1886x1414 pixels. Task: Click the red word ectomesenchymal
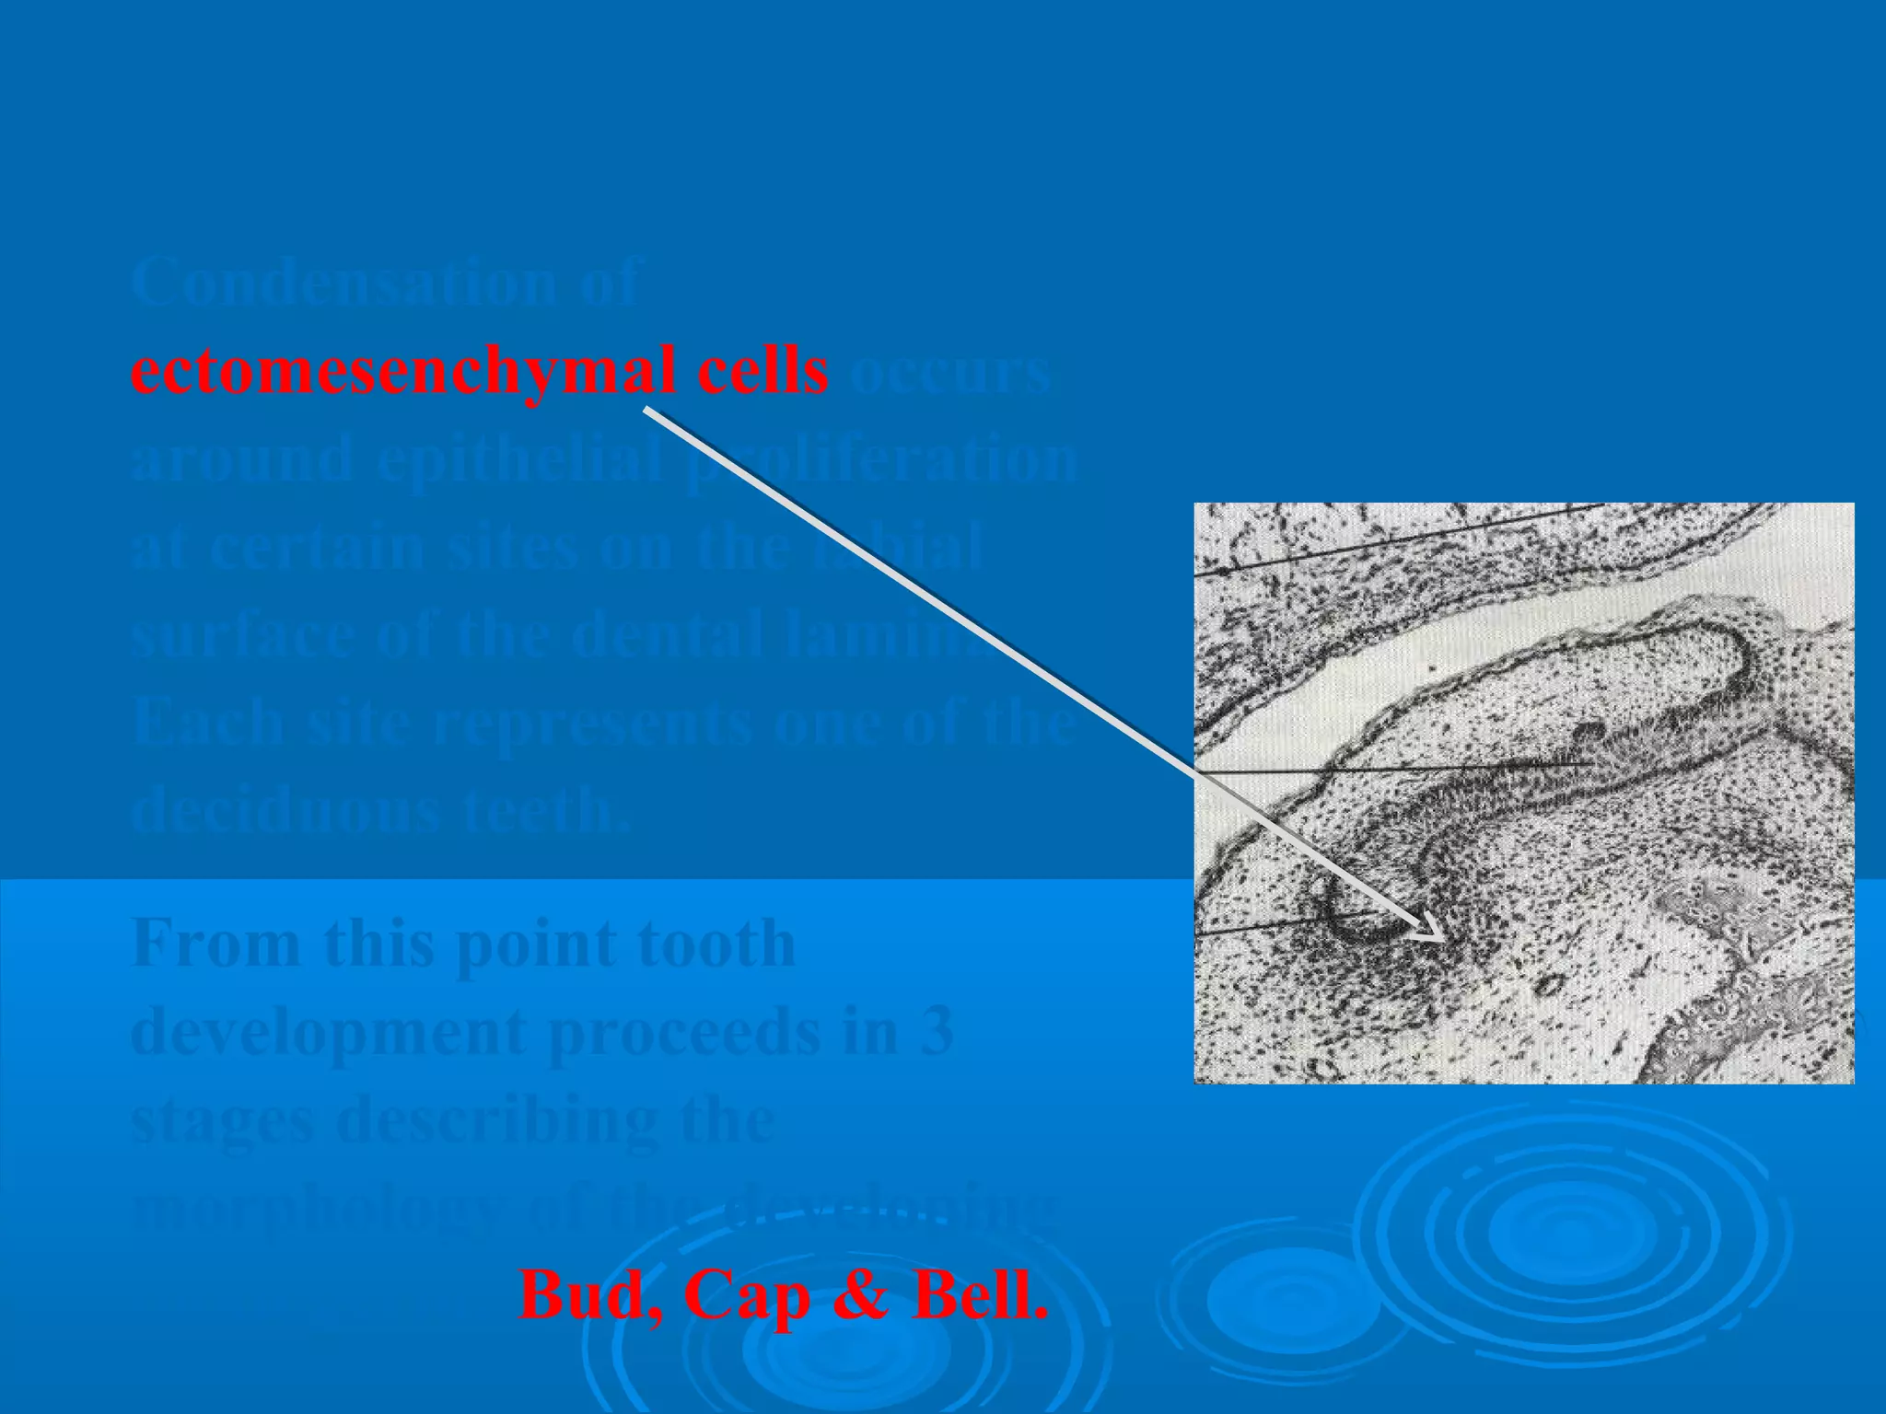click(405, 372)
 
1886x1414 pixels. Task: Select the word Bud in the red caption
click(589, 1294)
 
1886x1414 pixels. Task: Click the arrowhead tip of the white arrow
click(1443, 939)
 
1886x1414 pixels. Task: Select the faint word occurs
click(949, 374)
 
